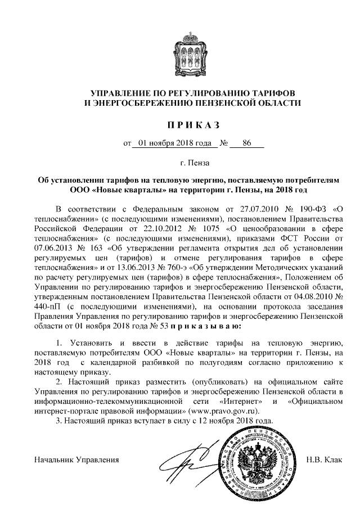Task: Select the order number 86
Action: click(246, 143)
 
